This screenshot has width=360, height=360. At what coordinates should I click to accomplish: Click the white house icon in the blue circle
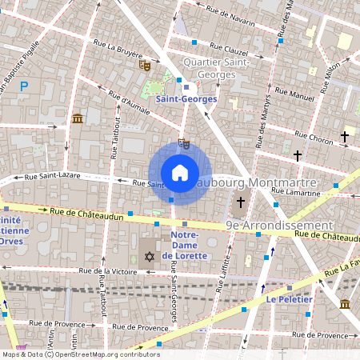point(180,172)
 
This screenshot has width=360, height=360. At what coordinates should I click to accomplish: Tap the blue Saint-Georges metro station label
point(186,98)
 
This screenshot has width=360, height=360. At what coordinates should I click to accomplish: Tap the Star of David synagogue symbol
point(149,257)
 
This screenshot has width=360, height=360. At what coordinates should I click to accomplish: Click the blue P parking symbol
point(24,86)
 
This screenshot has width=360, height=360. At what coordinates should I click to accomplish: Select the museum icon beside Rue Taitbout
point(77,119)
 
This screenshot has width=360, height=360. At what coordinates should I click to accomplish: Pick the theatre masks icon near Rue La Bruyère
point(145,65)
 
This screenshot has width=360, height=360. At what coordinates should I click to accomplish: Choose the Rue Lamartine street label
point(295,191)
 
